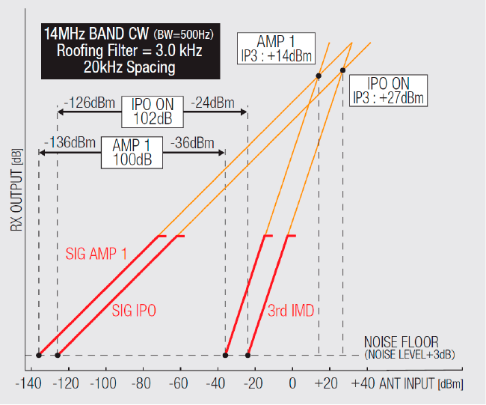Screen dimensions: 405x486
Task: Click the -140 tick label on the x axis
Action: [x=32, y=385]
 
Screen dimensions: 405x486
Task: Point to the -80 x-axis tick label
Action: [x=143, y=385]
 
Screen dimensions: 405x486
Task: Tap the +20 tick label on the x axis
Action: [x=326, y=385]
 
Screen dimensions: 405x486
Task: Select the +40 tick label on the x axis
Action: [x=363, y=385]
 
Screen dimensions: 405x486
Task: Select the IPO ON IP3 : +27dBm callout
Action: [x=389, y=90]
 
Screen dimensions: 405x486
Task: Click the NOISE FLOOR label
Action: [x=402, y=341]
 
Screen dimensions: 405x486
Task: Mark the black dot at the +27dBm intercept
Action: [x=343, y=70]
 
